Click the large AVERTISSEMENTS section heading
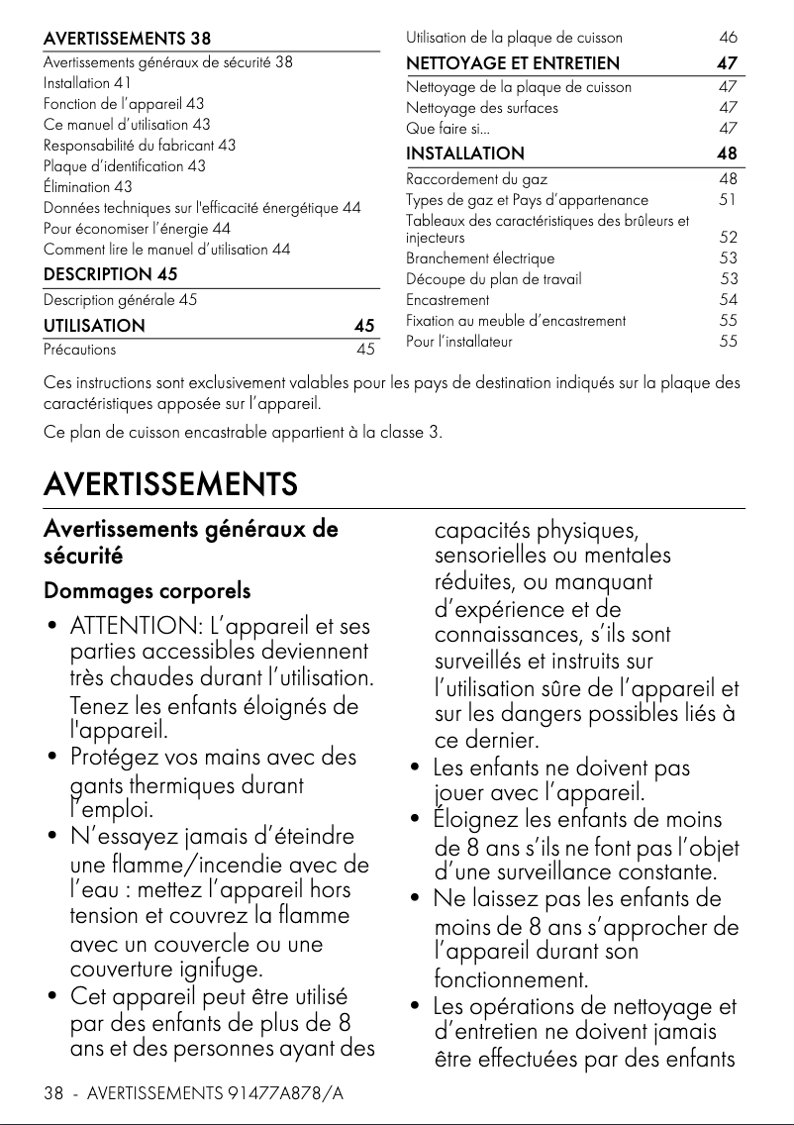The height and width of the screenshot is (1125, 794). tap(170, 485)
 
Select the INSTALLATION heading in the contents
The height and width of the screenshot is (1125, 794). tap(465, 153)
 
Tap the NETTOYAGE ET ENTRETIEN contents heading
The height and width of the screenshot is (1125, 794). tap(513, 63)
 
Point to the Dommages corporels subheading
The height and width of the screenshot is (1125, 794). tap(147, 591)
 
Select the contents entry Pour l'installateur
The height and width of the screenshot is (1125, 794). tap(459, 342)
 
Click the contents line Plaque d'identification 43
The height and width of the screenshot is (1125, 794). tap(125, 165)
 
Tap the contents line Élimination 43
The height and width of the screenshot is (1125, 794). tap(88, 186)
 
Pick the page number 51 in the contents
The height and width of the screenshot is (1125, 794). tap(728, 200)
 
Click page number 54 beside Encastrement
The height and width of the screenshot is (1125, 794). tap(728, 299)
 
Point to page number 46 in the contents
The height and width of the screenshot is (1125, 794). tap(728, 38)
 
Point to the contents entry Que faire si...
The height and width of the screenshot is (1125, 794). tap(447, 129)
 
